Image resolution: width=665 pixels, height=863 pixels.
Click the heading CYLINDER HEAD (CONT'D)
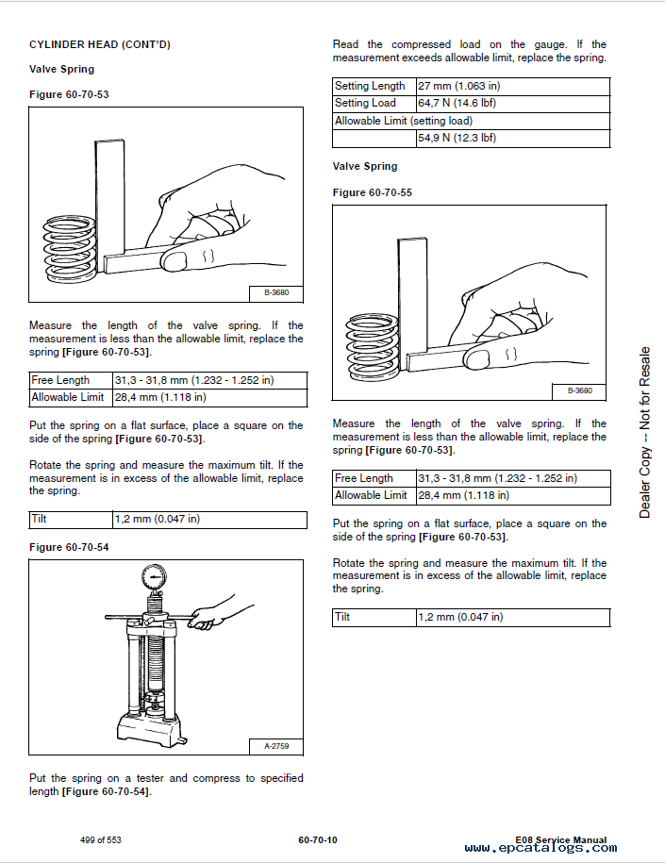pos(99,44)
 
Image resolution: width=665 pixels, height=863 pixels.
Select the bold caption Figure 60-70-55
pos(373,192)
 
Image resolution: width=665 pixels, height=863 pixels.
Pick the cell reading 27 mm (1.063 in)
pos(458,86)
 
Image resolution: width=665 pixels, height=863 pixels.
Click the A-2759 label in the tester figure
pos(276,747)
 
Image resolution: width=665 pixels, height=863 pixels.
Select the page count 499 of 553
pos(101,839)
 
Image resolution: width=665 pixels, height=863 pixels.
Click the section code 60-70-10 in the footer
pos(317,839)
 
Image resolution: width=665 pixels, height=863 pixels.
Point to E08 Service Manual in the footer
pos(561,838)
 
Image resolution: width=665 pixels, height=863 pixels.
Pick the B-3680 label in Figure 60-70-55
pos(578,390)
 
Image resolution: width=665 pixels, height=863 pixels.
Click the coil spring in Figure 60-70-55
pos(373,344)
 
